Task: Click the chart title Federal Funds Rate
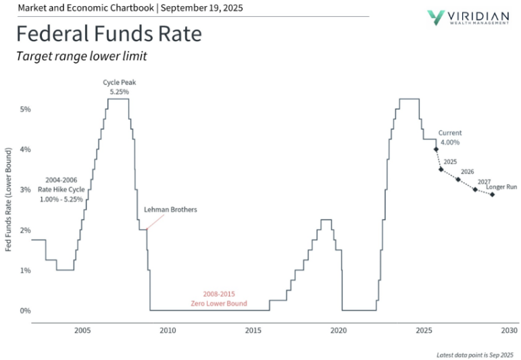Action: pos(109,34)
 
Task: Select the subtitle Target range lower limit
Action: pos(81,56)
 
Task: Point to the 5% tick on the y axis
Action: pos(24,109)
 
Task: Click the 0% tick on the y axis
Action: pos(24,311)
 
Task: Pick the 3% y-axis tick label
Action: pos(24,190)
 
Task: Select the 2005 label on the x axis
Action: pos(82,330)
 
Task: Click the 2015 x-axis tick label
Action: pos(253,330)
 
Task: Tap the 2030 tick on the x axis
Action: pos(510,330)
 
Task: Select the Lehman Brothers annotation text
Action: pos(170,210)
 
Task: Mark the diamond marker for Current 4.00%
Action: pos(436,149)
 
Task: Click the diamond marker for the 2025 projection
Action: pos(441,170)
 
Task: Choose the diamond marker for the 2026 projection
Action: pos(458,180)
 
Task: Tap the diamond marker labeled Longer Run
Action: pos(492,195)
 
